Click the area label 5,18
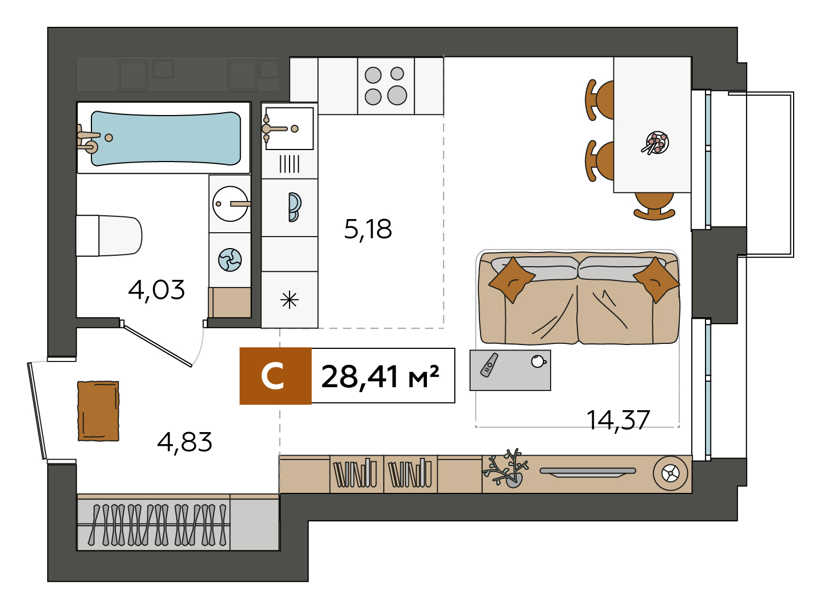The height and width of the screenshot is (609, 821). coord(368,229)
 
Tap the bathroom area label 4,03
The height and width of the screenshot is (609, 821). coord(156,290)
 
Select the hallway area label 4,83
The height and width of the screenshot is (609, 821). coord(184,442)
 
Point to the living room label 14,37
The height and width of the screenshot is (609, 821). coord(618,420)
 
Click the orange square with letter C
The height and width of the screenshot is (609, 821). coord(275,376)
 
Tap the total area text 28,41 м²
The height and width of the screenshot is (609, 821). coord(380,377)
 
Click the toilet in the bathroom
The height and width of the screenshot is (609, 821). coord(109,235)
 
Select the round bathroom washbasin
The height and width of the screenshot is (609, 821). coord(230,204)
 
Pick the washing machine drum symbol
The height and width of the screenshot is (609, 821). coord(230,260)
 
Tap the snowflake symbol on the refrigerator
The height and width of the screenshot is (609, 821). coord(290,300)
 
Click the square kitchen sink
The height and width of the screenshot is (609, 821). coord(290,129)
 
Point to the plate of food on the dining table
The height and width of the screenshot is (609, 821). coord(656,143)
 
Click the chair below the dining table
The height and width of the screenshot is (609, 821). coord(654,206)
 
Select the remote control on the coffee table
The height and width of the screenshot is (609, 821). coord(489,365)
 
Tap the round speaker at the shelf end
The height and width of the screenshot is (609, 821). coord(670,473)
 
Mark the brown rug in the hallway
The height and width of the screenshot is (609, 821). coord(98,411)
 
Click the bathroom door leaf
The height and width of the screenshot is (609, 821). coord(158,346)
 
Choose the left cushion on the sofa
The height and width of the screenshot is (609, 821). coord(512,280)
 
